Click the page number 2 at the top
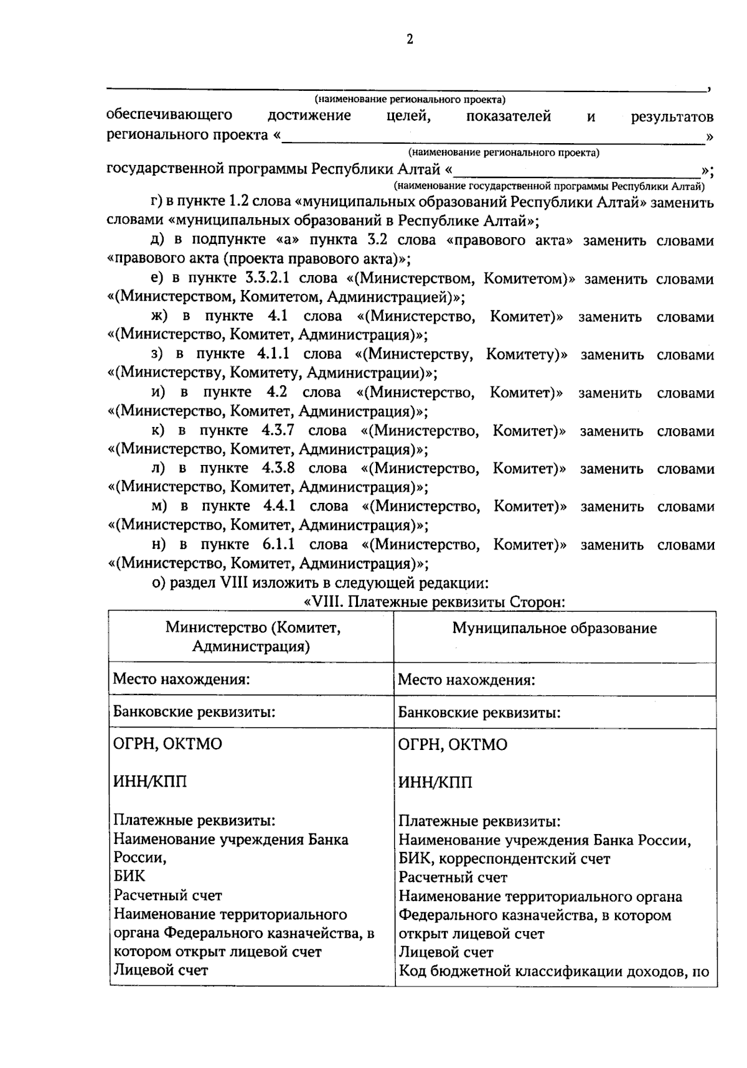point(410,40)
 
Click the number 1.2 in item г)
point(240,202)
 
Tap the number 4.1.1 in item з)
point(273,355)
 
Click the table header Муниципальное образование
point(554,628)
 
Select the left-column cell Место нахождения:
point(181,679)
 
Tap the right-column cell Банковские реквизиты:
point(479,713)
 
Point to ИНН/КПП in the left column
point(150,782)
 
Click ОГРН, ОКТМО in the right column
point(453,745)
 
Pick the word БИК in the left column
point(129,876)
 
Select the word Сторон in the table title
point(536,602)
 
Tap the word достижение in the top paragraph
point(309,116)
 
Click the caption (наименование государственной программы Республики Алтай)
point(548,186)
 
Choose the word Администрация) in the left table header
point(251,646)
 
